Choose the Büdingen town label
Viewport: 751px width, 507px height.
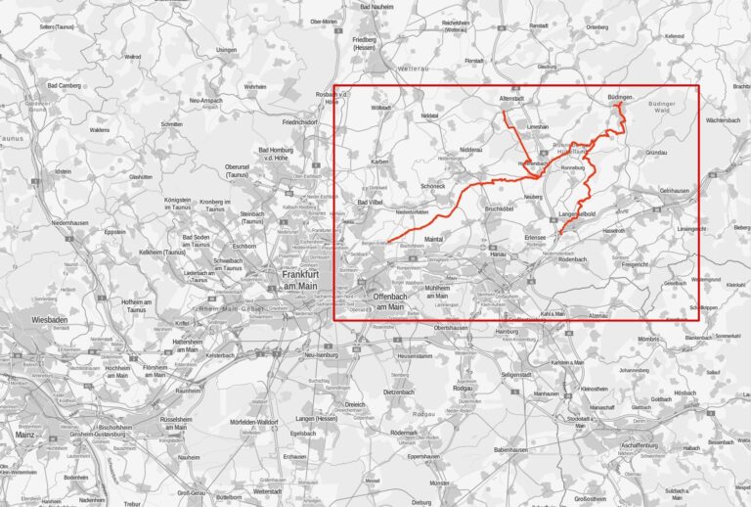pos(620,99)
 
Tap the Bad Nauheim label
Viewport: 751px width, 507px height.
pos(378,7)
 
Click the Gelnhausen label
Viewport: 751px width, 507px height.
pos(675,190)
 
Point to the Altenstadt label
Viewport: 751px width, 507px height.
pos(512,99)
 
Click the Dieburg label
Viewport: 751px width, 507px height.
pos(420,502)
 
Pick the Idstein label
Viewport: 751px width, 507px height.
pos(63,172)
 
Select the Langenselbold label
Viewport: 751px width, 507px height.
pos(577,213)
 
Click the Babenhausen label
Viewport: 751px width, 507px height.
pos(510,449)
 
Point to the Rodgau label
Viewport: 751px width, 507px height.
pos(463,388)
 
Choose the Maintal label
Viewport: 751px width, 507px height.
pos(435,237)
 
